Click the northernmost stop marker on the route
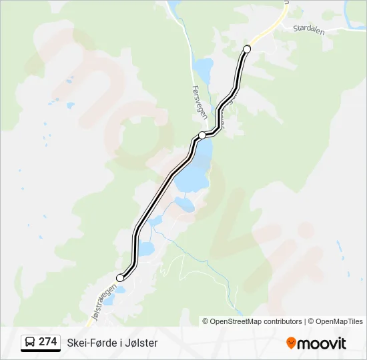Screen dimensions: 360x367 247,49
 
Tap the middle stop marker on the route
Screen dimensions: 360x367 202,135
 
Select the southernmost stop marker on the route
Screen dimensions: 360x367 120,277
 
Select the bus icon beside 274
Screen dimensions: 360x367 31,342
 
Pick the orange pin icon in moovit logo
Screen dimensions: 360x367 292,343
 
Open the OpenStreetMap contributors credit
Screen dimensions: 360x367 256,321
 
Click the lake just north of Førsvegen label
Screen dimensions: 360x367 202,67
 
